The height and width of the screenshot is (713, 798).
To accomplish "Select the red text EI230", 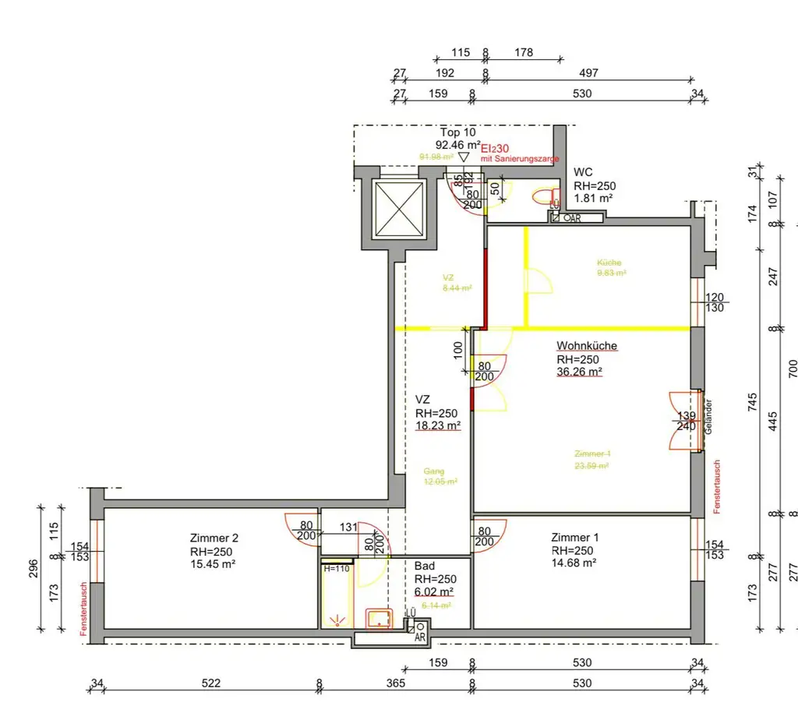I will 495,147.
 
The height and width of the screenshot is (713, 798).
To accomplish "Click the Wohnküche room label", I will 587,345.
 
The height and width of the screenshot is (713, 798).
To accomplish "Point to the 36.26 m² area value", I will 579,372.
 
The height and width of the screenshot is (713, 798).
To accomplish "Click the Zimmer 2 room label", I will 214,538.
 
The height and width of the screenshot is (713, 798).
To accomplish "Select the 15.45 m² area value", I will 213,563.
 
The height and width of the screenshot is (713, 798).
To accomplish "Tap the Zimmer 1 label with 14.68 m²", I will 575,538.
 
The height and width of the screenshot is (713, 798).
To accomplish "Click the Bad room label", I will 425,566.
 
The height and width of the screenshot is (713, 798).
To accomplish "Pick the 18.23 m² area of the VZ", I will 437,425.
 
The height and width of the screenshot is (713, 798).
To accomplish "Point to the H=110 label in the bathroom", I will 337,569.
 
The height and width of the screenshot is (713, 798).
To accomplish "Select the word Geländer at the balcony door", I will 708,417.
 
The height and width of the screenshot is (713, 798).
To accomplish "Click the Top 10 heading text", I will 457,132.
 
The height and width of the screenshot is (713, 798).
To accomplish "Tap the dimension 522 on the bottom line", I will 211,683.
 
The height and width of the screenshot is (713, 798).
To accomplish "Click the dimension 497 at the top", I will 588,73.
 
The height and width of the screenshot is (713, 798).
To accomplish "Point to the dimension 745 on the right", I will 752,401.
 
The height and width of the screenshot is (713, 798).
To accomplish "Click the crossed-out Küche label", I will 609,263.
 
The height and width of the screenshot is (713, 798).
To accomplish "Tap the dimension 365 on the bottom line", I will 396,683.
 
